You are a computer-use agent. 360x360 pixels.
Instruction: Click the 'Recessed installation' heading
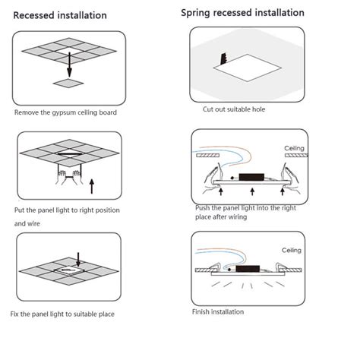point(60,15)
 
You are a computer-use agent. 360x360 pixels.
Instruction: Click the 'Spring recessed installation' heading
point(242,13)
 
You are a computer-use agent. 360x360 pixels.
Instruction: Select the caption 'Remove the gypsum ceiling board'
point(65,112)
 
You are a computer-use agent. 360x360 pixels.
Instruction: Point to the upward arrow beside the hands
point(93,184)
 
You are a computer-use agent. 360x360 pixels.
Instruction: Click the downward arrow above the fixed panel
point(78,258)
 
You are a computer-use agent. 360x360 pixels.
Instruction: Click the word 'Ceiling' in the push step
point(295,148)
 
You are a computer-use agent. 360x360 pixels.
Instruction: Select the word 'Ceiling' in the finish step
point(292,250)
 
